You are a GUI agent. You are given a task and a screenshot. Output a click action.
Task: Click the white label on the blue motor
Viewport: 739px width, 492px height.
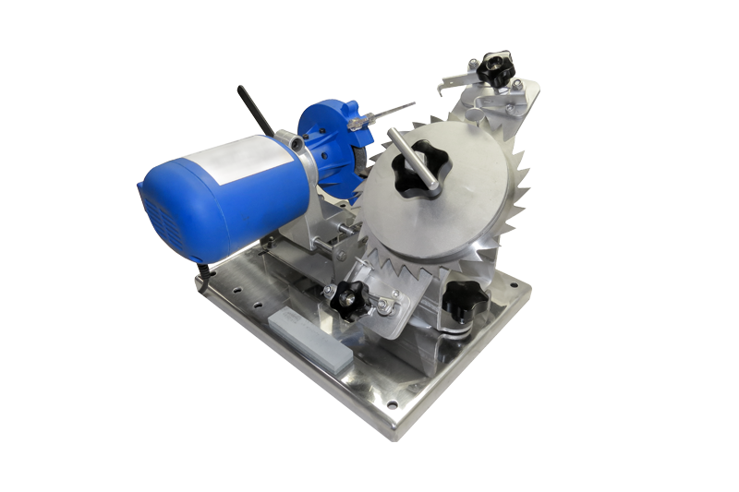[x=242, y=159]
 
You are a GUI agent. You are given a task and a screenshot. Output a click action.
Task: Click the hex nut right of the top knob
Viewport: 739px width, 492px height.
[x=517, y=85]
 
